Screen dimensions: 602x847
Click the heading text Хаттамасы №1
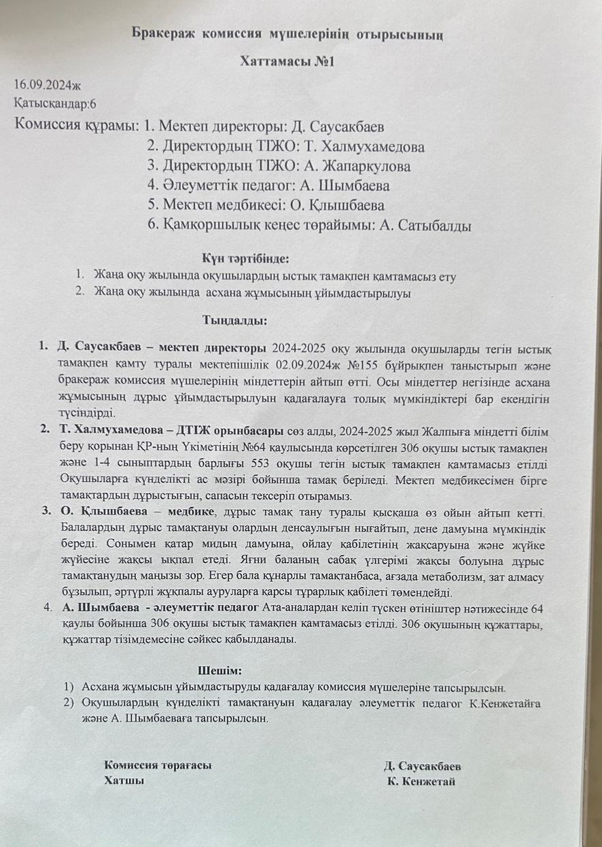tap(288, 61)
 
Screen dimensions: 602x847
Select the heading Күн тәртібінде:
tap(245, 258)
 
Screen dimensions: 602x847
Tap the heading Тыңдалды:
tap(234, 319)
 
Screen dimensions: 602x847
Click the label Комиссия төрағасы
tap(157, 765)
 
